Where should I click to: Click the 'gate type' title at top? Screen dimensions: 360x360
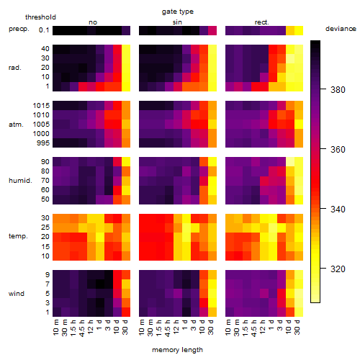pyautogui.click(x=178, y=12)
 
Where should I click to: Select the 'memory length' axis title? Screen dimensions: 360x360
pyautogui.click(x=177, y=350)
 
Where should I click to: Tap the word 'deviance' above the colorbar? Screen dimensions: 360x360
pyautogui.click(x=341, y=29)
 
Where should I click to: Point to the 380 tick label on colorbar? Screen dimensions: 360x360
pyautogui.click(x=338, y=90)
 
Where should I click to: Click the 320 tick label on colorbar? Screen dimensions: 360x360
pyautogui.click(x=338, y=269)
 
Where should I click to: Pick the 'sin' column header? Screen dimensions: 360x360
pyautogui.click(x=177, y=22)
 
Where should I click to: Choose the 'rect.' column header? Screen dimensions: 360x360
pyautogui.click(x=262, y=22)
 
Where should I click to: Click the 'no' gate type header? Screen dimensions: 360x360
pyautogui.click(x=93, y=22)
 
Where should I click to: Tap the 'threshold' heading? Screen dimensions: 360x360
pyautogui.click(x=40, y=17)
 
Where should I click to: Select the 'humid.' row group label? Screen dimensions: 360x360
pyautogui.click(x=20, y=181)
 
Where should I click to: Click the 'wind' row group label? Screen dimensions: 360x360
pyautogui.click(x=17, y=294)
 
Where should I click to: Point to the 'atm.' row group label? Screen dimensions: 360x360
pyautogui.click(x=16, y=125)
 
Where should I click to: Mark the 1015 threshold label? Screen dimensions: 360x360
pyautogui.click(x=41, y=106)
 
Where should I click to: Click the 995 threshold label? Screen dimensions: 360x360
pyautogui.click(x=43, y=143)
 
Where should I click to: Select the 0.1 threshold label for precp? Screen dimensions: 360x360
pyautogui.click(x=44, y=30)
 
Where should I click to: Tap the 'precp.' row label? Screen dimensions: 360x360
pyautogui.click(x=19, y=30)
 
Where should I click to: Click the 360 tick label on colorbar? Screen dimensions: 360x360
pyautogui.click(x=338, y=150)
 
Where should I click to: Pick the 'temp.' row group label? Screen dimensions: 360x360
pyautogui.click(x=18, y=236)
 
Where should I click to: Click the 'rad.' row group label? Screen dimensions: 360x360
pyautogui.click(x=15, y=68)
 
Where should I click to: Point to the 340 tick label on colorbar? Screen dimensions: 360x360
pyautogui.click(x=338, y=210)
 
